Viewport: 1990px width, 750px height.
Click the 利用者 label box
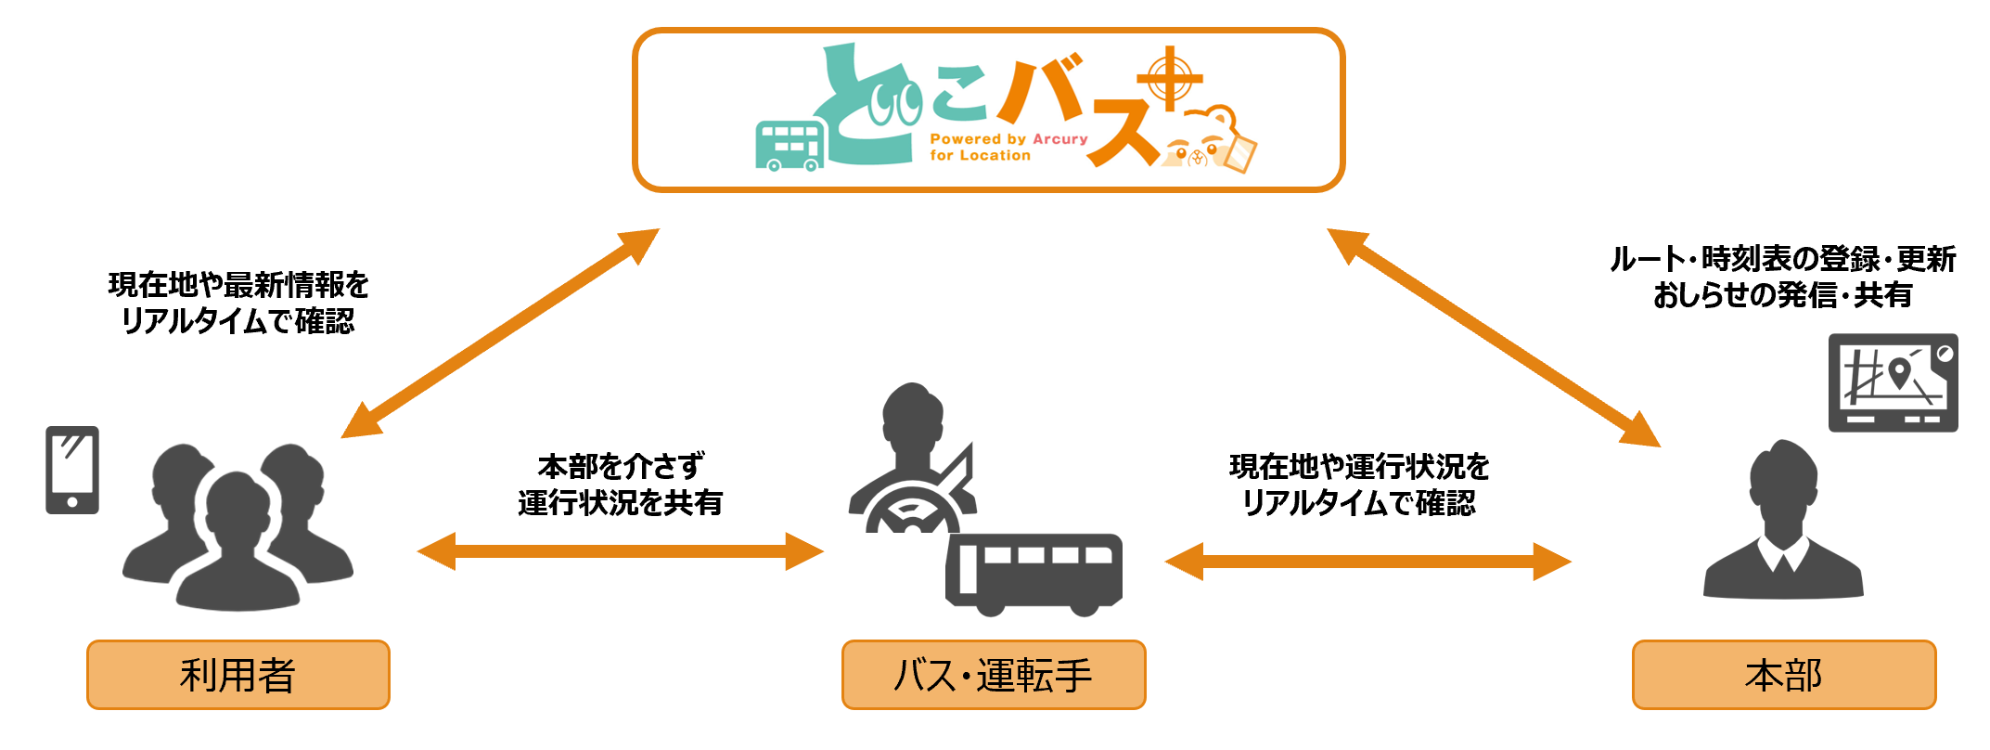pos(238,675)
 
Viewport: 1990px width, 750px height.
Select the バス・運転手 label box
pos(994,675)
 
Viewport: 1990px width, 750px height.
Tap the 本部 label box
pos(1783,675)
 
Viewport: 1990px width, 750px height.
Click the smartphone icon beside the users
pos(72,470)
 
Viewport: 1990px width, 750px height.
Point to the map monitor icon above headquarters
pos(1893,382)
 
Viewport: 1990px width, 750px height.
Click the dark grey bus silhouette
pos(1034,573)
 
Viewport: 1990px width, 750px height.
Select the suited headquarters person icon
pos(1782,524)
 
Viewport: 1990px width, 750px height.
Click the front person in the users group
pos(238,548)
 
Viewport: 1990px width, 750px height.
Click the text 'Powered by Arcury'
pos(1008,139)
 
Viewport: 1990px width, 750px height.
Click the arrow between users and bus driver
pos(620,551)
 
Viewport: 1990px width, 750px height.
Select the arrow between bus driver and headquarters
pos(1367,562)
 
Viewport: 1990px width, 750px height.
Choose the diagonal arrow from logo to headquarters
pos(1494,338)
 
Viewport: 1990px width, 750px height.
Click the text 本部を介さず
pos(620,466)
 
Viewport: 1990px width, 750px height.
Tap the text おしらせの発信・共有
pos(1782,295)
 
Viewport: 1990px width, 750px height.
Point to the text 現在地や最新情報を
pos(238,285)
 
